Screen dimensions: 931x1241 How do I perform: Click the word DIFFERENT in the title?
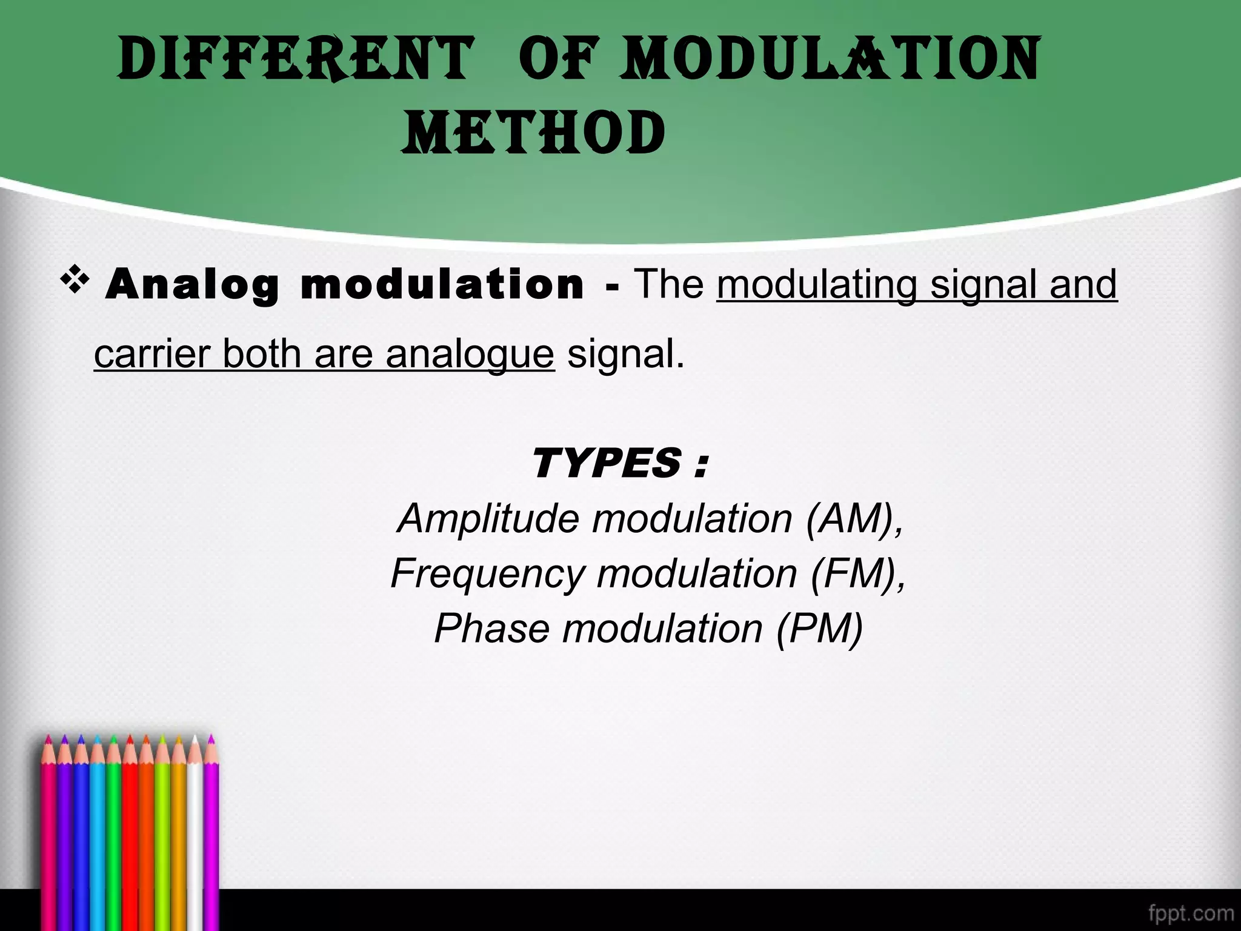click(x=295, y=59)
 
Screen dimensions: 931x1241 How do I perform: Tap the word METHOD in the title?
click(x=533, y=133)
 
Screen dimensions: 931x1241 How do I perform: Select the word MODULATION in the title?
click(x=830, y=59)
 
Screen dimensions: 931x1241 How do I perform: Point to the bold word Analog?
click(x=192, y=285)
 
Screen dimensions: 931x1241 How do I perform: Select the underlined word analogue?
click(x=470, y=354)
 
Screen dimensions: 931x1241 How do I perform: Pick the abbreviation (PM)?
click(x=819, y=628)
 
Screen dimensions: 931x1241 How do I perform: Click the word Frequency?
click(x=488, y=573)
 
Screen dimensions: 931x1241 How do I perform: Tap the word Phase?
click(x=491, y=628)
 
